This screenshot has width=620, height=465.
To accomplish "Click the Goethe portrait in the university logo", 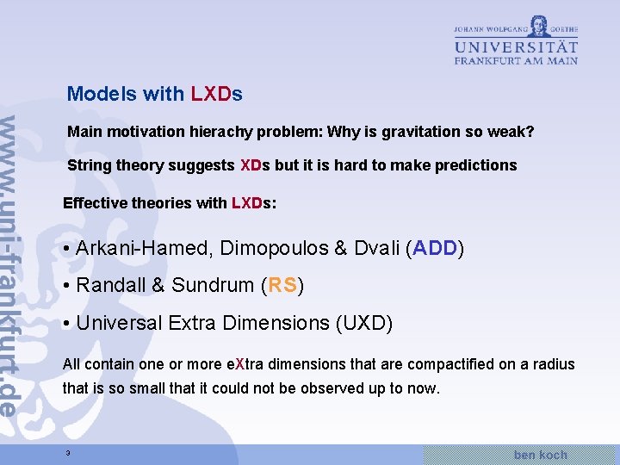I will click(539, 25).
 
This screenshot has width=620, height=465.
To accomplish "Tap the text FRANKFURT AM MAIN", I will click(516, 60).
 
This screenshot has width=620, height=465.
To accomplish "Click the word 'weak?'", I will click(512, 133).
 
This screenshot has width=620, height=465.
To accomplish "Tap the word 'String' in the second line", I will click(89, 165).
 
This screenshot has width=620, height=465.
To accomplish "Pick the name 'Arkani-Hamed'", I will click(142, 249).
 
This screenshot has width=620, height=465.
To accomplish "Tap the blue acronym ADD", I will click(435, 249).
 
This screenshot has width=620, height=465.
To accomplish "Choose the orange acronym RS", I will click(282, 286).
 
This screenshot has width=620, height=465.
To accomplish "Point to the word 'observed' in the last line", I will click(336, 388).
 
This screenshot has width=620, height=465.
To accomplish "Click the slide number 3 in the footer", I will click(66, 454).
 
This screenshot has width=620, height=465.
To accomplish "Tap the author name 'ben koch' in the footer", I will click(540, 454).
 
